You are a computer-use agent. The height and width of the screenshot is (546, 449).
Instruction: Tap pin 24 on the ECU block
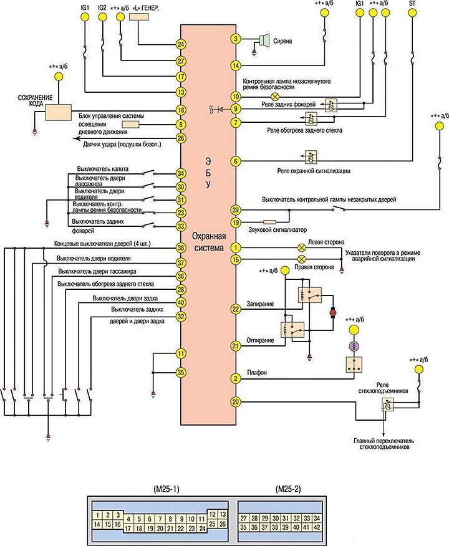tap(181, 44)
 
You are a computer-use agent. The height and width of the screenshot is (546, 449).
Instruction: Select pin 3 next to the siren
tap(235, 39)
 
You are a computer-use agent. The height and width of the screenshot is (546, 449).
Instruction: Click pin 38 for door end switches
tap(181, 248)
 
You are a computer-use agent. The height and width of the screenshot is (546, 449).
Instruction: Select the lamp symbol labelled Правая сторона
tap(301, 258)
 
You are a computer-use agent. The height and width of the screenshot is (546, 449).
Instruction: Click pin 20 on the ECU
tap(235, 402)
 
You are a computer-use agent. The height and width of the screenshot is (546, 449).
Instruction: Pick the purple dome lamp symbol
tap(353, 347)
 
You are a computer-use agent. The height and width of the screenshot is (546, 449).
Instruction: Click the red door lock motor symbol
tap(332, 312)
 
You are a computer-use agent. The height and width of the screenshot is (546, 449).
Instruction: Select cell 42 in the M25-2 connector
tap(316, 526)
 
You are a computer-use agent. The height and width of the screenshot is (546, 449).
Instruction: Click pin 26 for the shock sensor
tap(181, 138)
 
